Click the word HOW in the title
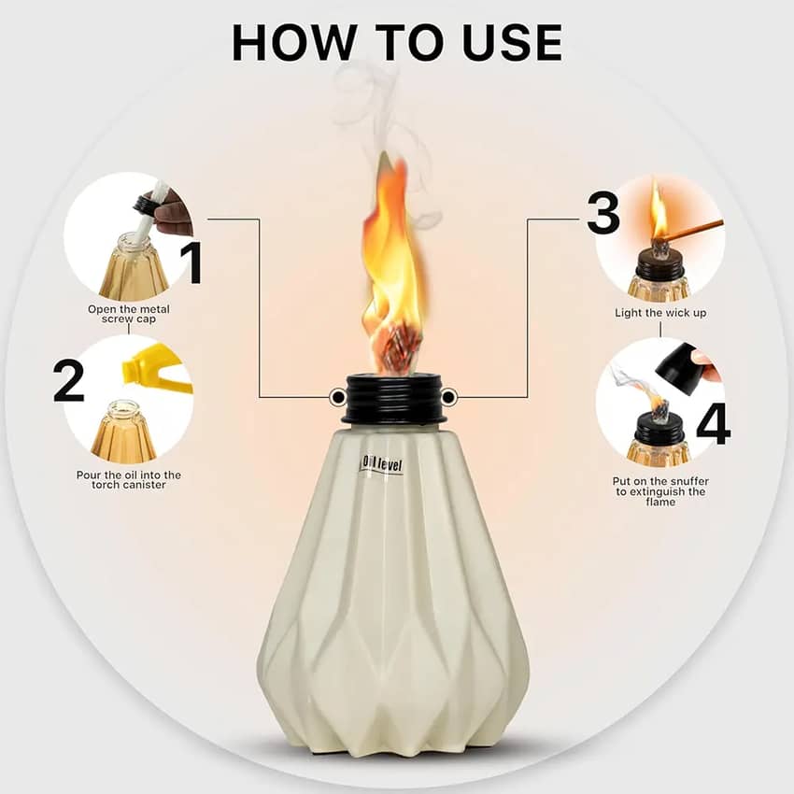click(294, 43)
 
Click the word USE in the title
click(513, 43)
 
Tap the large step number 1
click(192, 262)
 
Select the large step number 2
click(68, 381)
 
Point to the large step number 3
click(603, 213)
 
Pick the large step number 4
click(713, 423)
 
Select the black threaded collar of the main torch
click(393, 398)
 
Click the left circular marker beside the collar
click(336, 397)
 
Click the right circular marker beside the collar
click(449, 397)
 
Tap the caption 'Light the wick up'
click(660, 313)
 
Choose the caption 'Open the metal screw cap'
click(129, 314)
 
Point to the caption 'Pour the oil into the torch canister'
click(129, 479)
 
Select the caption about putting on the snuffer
click(660, 491)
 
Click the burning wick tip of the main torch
click(395, 345)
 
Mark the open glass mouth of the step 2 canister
click(124, 405)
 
